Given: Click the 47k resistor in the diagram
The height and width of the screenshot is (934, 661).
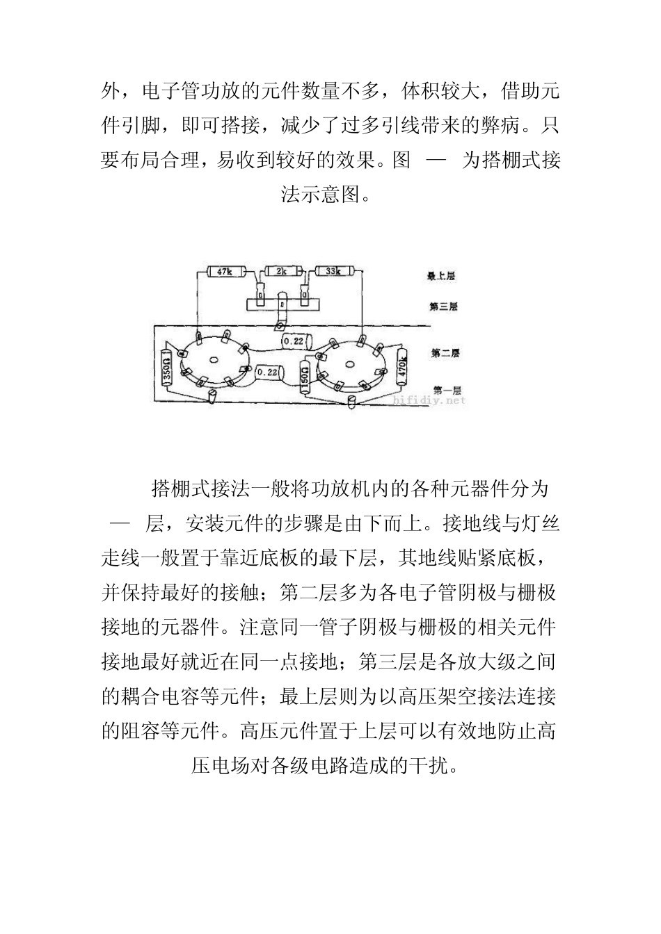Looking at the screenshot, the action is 224,271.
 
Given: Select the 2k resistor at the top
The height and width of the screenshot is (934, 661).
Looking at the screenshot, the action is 280,271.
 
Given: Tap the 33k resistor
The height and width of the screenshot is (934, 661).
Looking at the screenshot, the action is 333,271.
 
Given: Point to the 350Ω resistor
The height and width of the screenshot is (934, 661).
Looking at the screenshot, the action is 167,366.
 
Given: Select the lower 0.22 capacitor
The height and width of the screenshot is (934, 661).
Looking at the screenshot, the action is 267,372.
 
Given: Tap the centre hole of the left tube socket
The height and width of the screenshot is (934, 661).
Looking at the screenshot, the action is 214,360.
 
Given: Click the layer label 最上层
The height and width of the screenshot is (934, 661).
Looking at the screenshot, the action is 440,276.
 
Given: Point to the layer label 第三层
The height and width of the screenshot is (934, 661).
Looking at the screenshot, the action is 443,306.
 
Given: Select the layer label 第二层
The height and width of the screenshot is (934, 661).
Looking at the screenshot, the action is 445,354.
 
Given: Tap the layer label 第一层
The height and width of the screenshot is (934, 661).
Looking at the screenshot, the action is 446,390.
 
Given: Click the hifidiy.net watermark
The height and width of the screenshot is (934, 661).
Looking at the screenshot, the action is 429,400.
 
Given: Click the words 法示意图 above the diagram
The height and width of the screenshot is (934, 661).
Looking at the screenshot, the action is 320,195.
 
